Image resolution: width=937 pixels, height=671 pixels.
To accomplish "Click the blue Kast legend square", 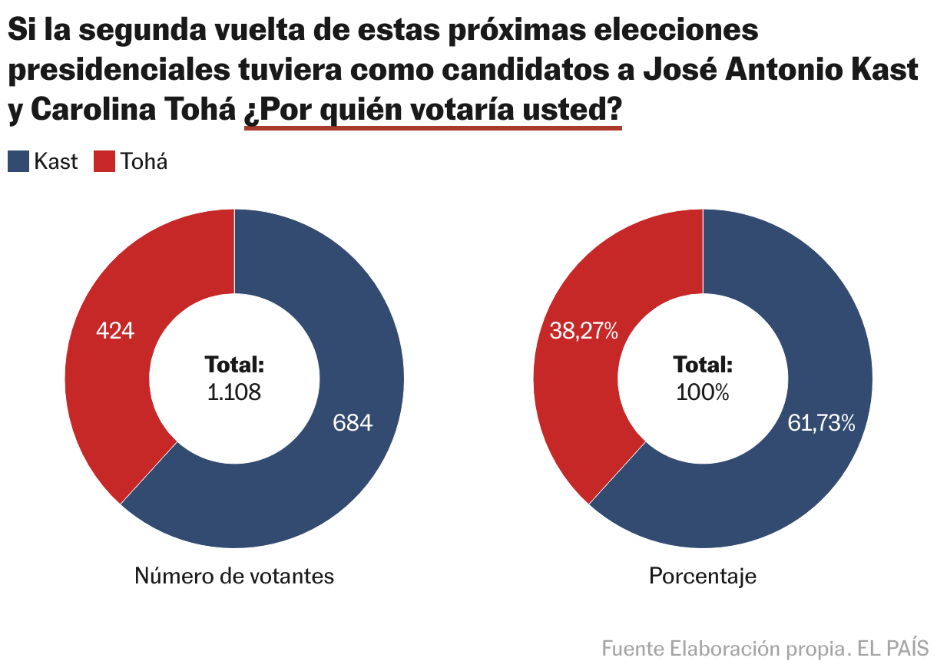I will tap(18, 161).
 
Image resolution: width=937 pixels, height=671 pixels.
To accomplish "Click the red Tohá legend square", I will tap(104, 161).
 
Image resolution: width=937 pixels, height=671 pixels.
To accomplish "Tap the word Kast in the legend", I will tap(55, 161).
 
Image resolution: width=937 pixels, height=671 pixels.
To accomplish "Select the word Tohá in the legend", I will tap(144, 161).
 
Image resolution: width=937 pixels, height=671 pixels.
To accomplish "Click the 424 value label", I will tap(115, 331).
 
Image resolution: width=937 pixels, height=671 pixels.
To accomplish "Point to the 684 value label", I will tap(353, 422).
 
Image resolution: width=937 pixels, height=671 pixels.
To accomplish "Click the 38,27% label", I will tap(584, 331).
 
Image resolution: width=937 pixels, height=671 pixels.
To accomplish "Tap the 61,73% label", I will tap(821, 422).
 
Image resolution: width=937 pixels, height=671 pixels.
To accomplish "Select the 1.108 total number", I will tap(234, 392).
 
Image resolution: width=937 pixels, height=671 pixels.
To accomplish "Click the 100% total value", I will tap(703, 392).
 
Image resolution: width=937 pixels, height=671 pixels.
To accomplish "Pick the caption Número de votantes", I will tap(234, 576).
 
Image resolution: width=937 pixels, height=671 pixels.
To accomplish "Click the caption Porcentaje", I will tap(703, 576).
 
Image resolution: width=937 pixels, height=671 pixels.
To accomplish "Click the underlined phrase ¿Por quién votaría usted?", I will tap(432, 111).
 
